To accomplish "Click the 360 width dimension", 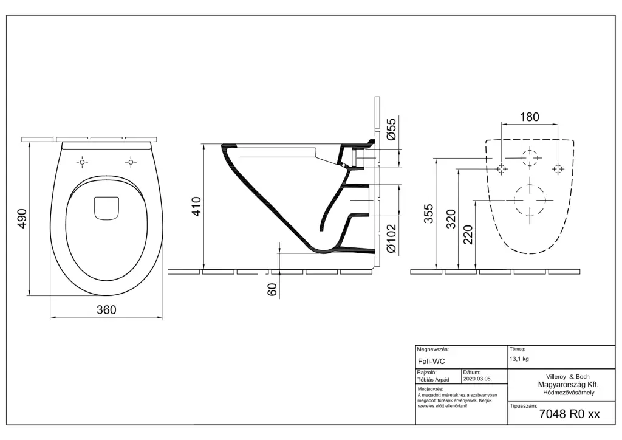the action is (107, 309).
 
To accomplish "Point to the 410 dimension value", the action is (196, 206).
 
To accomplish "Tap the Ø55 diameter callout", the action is (391, 129).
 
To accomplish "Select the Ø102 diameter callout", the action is (391, 239).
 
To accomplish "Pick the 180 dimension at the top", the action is (530, 117).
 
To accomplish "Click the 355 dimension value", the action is (429, 214).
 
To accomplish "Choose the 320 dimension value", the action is (451, 219).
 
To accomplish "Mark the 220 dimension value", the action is (468, 235).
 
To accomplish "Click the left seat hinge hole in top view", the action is (82, 162).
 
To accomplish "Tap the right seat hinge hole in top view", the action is (131, 162).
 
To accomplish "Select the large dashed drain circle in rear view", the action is (530, 200).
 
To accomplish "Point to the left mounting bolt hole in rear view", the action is (502, 169).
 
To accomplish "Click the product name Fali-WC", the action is (432, 362).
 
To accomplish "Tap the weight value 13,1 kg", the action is (519, 359).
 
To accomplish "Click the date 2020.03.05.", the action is (477, 379).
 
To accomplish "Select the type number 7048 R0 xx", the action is (570, 414).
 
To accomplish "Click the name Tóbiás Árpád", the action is (433, 380).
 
